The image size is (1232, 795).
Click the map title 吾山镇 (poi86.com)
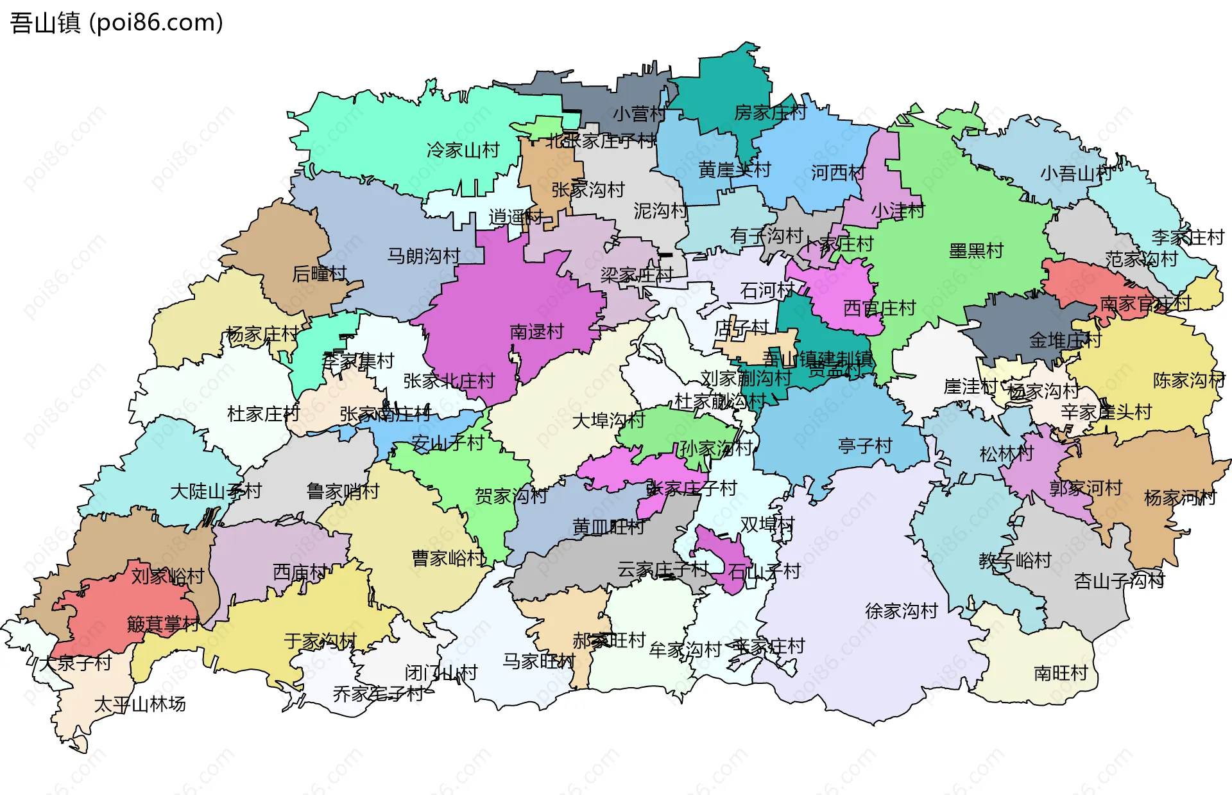[116, 22]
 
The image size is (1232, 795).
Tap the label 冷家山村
[463, 150]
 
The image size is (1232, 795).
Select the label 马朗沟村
[424, 256]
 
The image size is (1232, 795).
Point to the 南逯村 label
[536, 332]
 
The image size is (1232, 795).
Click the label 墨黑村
[976, 251]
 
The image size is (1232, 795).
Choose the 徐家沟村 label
[901, 611]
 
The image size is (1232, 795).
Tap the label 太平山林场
[140, 704]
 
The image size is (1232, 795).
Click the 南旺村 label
[1060, 673]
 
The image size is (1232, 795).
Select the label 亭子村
[864, 446]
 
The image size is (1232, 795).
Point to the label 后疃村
[319, 274]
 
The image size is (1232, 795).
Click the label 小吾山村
[1076, 173]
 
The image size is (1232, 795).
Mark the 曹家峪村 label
[448, 558]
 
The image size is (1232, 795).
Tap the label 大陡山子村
[216, 491]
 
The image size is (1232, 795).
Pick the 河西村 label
[837, 173]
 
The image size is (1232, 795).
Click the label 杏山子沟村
[1119, 581]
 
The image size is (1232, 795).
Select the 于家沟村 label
[320, 641]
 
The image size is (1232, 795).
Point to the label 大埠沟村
[608, 421]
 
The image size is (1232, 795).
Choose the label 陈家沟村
[1188, 380]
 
